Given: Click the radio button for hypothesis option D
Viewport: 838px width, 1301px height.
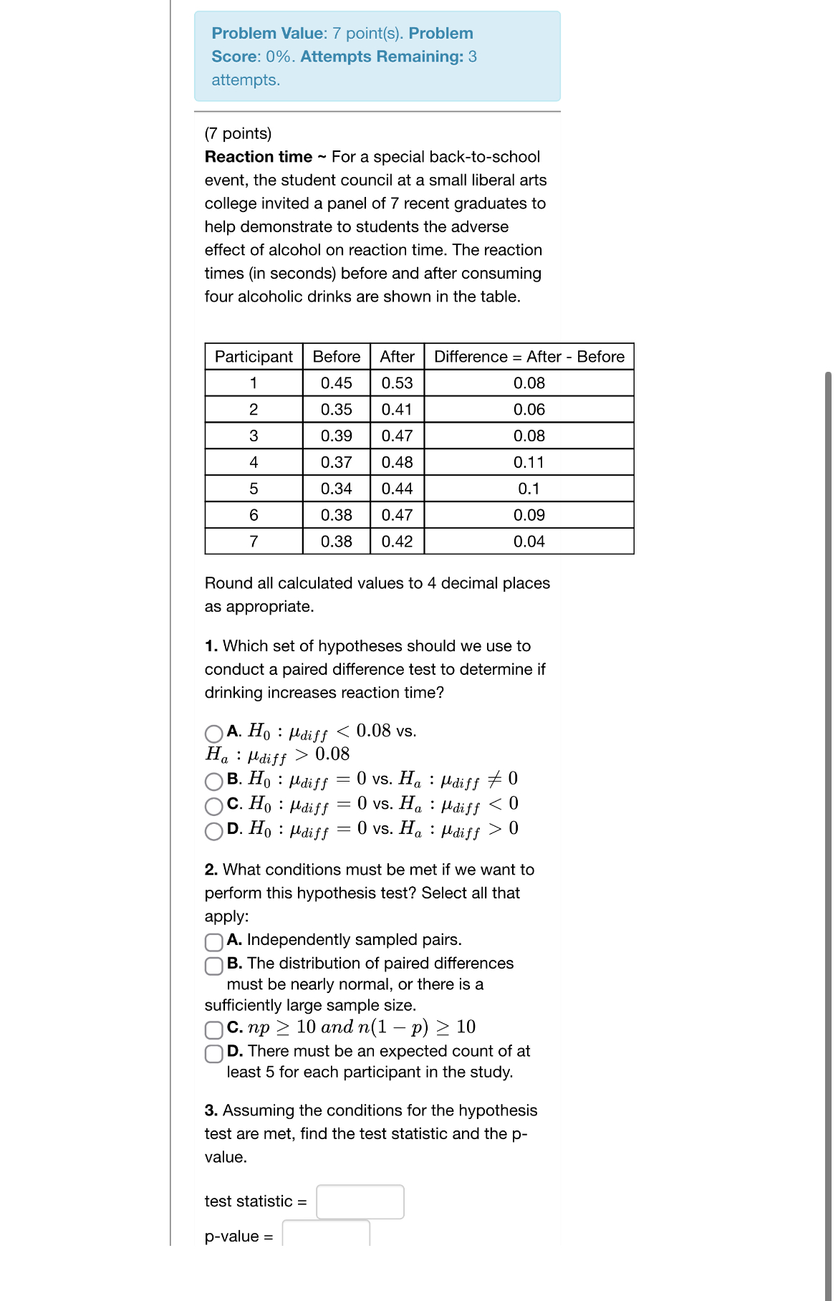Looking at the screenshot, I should tap(213, 831).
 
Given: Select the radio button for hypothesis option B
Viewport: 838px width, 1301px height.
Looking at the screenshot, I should tap(213, 781).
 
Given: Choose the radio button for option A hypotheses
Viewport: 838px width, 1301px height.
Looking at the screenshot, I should tap(213, 734).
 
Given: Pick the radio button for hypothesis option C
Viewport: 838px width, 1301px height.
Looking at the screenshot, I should tap(213, 806).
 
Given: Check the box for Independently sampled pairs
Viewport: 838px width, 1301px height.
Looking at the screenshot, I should tap(213, 941).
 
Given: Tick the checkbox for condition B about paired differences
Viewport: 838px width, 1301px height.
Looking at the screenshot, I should tap(213, 966).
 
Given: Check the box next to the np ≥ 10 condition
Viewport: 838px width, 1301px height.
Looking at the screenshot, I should tap(213, 1029).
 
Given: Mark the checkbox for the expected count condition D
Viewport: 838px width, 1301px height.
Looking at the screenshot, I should tap(213, 1053).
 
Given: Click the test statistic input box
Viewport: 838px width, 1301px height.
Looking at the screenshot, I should tap(360, 1201).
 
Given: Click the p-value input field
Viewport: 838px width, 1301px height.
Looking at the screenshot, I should tap(326, 1234).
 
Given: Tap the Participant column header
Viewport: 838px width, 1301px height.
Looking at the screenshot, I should tap(254, 357).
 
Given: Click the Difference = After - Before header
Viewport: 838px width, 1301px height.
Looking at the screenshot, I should tap(529, 357).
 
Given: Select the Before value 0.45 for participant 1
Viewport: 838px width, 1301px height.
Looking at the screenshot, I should tap(336, 383).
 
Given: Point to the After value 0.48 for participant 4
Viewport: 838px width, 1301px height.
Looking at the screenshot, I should tap(397, 463).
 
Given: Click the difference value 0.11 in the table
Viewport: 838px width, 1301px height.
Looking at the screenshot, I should tap(529, 463).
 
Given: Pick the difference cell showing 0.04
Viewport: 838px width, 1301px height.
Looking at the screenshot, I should tap(529, 542).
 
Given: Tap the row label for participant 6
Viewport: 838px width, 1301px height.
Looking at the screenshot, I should tap(254, 515).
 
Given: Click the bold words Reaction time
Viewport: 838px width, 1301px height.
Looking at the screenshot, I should tap(259, 157).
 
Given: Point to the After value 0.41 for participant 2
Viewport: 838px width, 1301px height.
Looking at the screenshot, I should tap(397, 410).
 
